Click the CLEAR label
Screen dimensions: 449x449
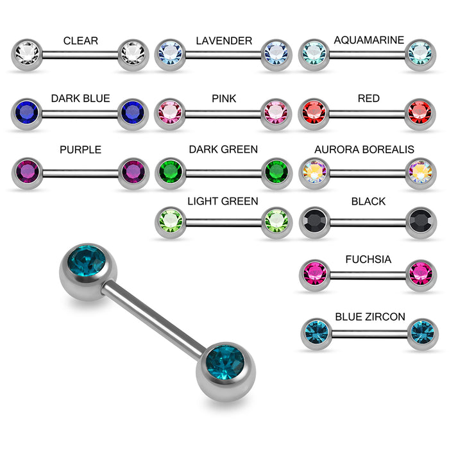tap(81, 41)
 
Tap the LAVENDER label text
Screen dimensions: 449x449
tap(224, 41)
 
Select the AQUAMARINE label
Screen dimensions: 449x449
tap(369, 40)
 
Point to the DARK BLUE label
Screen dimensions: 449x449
tap(81, 99)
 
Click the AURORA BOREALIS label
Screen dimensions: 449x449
tap(364, 149)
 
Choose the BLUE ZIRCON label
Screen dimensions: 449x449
tap(370, 317)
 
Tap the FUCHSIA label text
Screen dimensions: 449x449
tap(368, 260)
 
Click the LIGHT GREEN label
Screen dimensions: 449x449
tap(223, 201)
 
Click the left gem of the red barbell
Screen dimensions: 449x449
tap(314, 112)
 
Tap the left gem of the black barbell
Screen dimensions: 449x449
tap(314, 221)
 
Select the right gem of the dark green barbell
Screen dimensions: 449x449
tap(276, 171)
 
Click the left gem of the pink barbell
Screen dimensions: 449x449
tap(170, 112)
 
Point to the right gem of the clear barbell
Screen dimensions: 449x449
tap(133, 52)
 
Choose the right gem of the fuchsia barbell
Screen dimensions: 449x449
tap(421, 273)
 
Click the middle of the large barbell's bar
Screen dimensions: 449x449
tap(157, 314)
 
